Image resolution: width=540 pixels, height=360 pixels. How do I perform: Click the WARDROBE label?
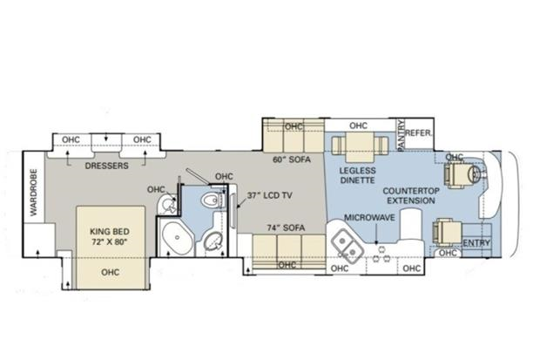coord(33,192)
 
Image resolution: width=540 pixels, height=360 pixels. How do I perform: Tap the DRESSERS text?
coord(107,166)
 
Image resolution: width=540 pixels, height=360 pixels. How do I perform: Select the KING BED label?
coord(110,231)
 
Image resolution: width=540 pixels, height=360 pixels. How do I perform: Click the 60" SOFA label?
coord(292,160)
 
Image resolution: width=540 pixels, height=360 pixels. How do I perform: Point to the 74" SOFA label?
coord(287,228)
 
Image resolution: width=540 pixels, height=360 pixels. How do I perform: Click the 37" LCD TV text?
coord(270,195)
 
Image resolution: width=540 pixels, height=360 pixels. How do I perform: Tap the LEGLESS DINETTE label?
coord(357,175)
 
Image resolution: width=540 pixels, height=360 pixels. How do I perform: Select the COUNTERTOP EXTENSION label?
coord(411,196)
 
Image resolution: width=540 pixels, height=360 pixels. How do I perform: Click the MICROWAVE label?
coord(369,218)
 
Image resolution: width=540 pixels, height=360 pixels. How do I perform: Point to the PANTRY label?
coord(401,135)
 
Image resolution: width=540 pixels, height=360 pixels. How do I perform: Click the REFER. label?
coord(419,132)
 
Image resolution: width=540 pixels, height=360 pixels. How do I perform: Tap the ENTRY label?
coord(476,242)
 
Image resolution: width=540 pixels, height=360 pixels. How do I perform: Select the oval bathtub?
coord(178,238)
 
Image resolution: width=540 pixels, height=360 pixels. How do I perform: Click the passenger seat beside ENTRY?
coord(446,232)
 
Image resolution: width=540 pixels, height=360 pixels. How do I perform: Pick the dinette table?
coord(360,147)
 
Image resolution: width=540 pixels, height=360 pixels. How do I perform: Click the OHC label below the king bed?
coord(111,273)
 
